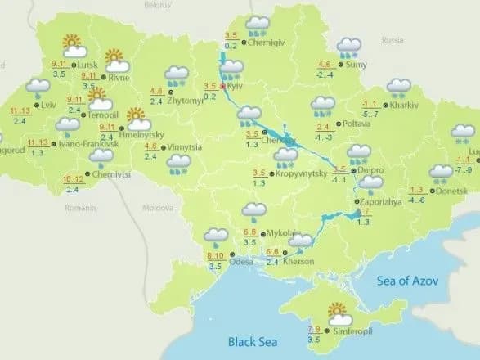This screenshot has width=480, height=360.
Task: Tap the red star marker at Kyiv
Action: click(223, 85)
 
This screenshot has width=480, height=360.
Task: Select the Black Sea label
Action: click(253, 341)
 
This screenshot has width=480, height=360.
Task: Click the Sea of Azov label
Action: click(406, 281)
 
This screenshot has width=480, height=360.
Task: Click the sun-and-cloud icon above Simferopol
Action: click(338, 312)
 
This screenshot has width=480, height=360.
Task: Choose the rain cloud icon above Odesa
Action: click(216, 237)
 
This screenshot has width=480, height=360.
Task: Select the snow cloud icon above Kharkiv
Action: click(400, 87)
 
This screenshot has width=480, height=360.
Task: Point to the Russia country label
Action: click(393, 38)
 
